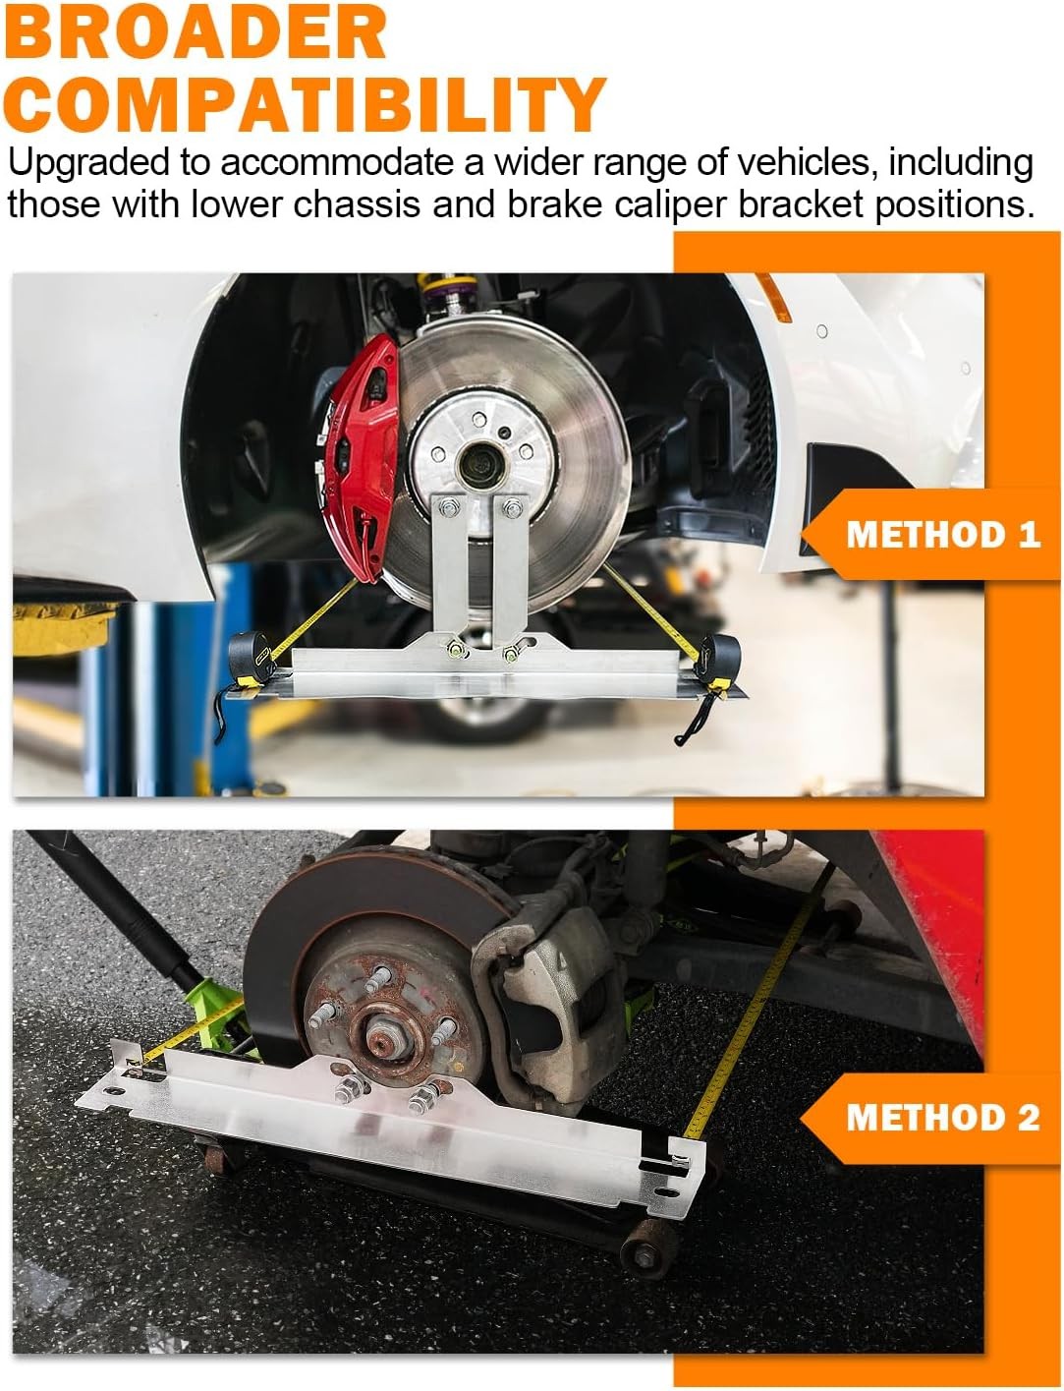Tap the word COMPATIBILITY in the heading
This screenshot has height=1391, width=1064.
[x=305, y=103]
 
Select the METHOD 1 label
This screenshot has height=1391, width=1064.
[x=942, y=534]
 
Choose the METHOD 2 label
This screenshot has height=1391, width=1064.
[x=942, y=1117]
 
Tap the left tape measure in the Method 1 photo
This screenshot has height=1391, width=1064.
[x=252, y=658]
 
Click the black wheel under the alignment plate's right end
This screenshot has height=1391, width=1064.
[x=644, y=1253]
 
